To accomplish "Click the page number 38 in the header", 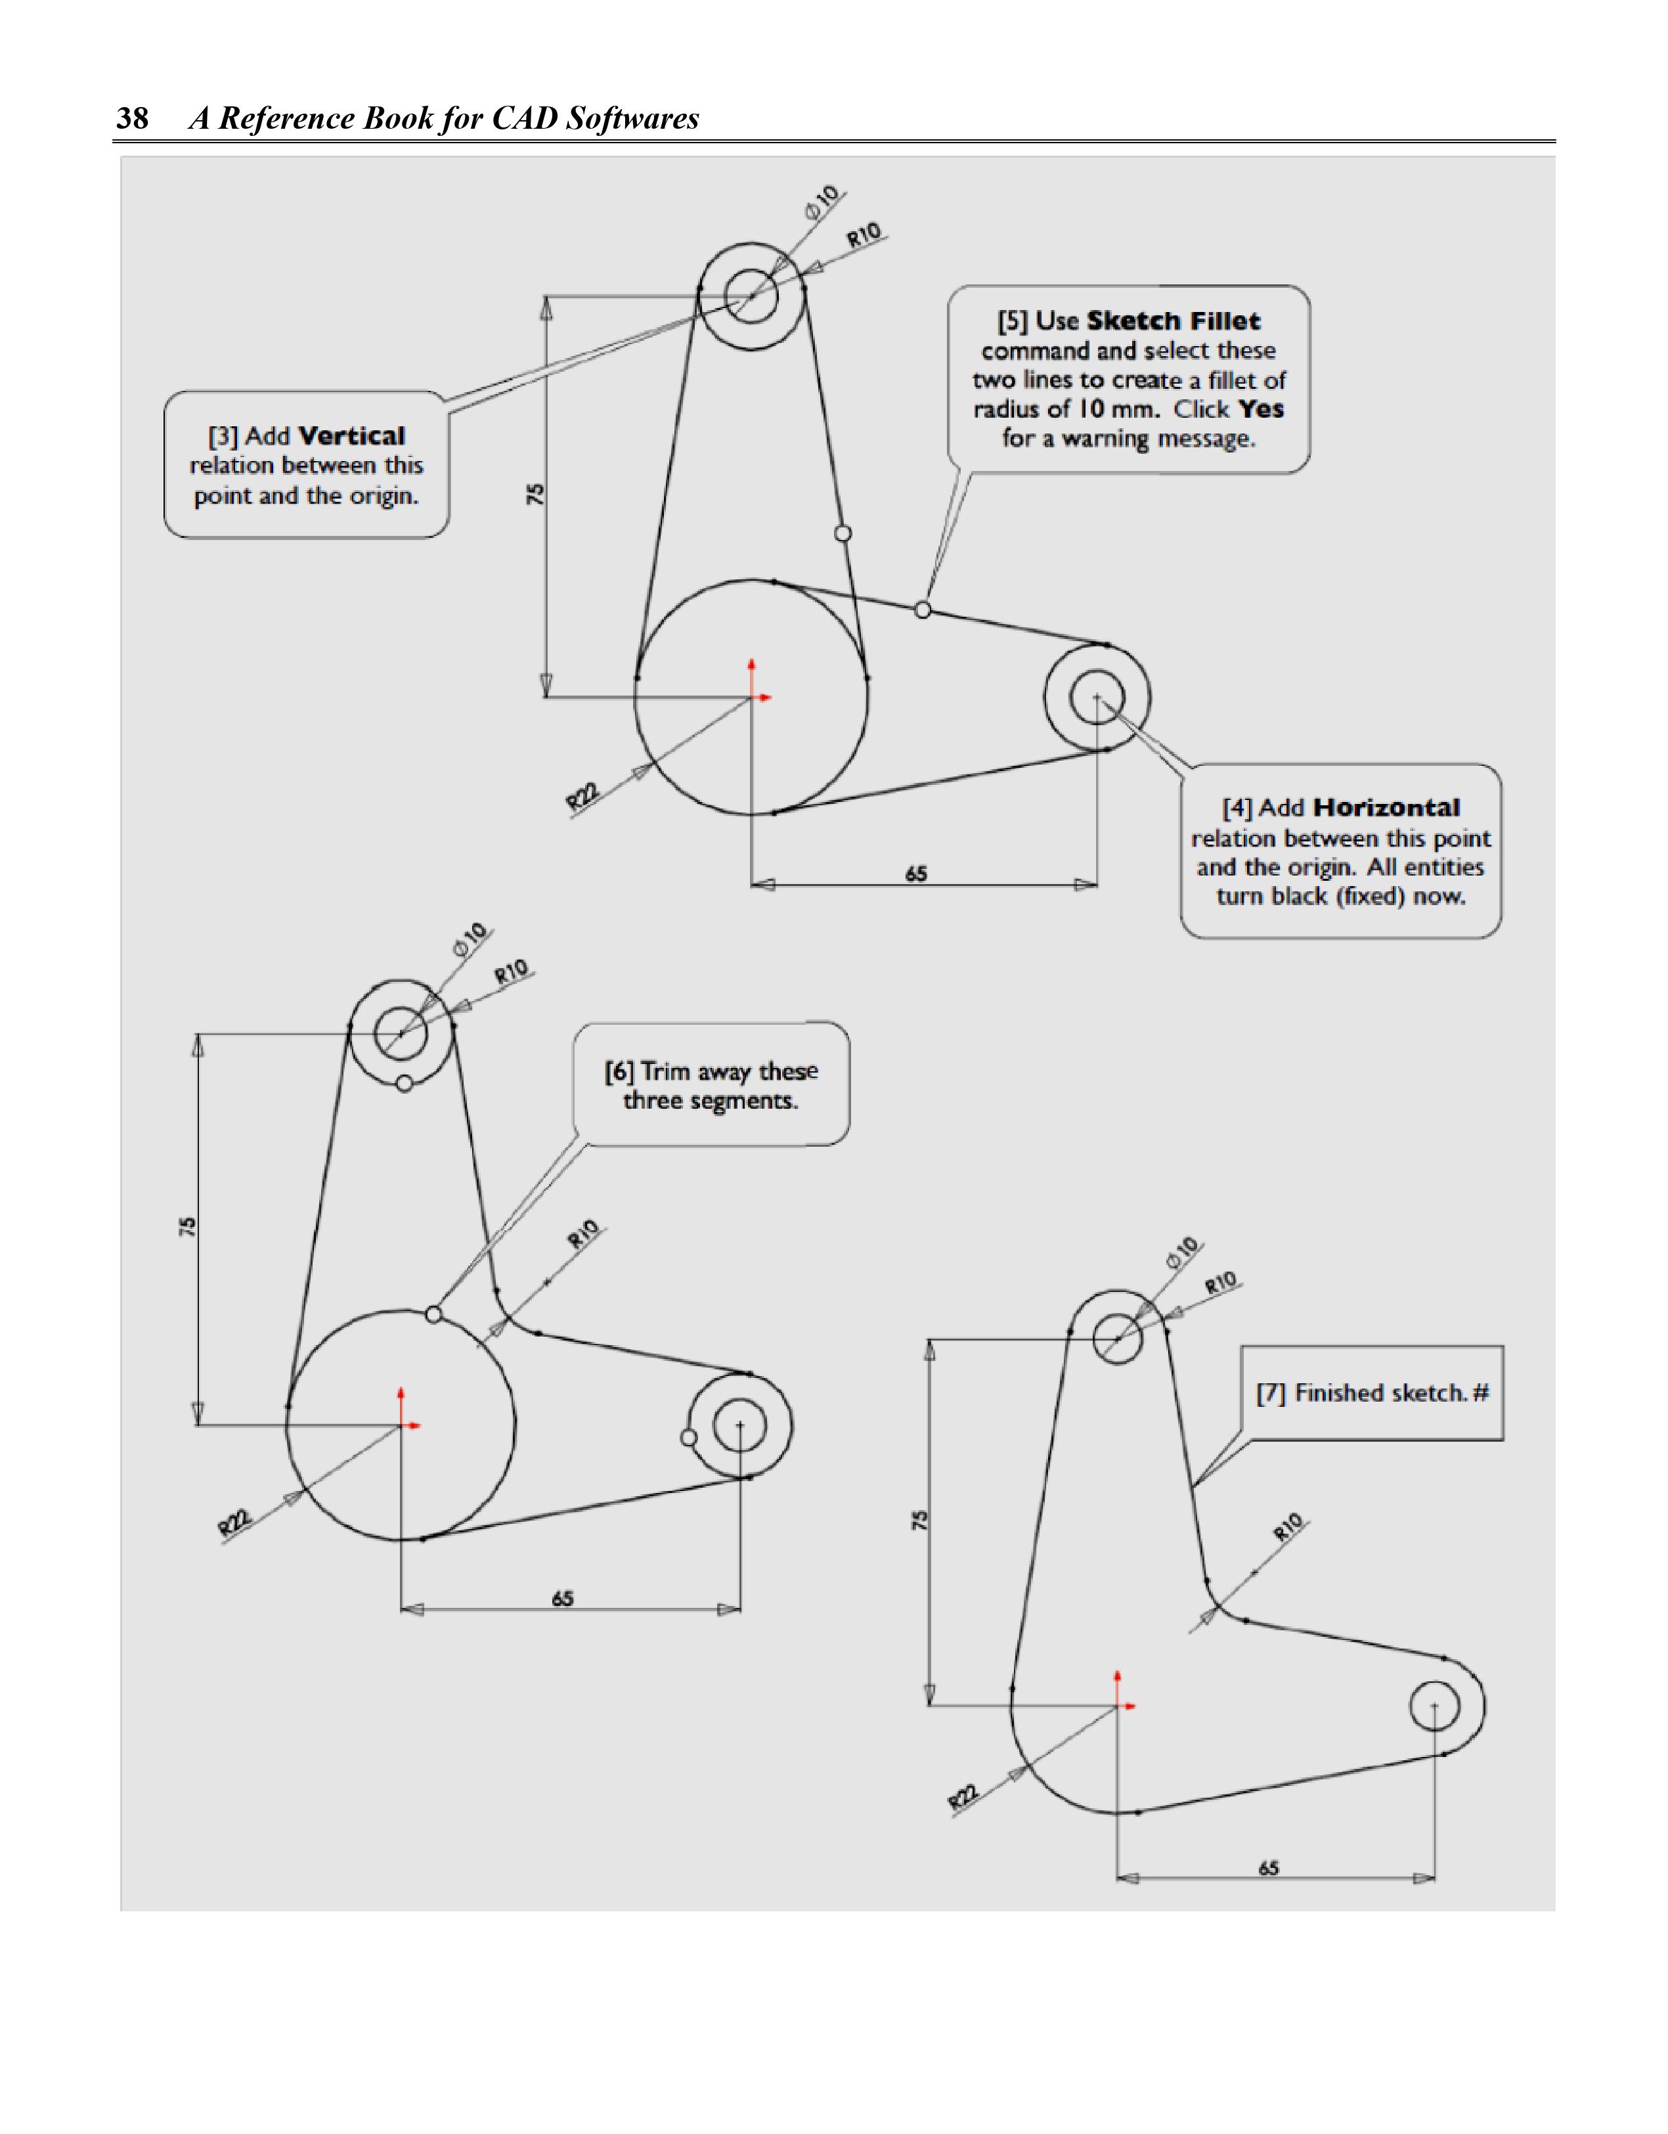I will click(133, 118).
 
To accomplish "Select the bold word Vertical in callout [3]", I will click(352, 435).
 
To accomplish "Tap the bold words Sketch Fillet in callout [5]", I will click(1173, 321).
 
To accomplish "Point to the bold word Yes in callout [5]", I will click(1261, 409).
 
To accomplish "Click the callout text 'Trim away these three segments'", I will click(711, 1086).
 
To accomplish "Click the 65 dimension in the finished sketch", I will click(1268, 1867).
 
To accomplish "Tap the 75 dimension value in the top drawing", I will click(535, 495).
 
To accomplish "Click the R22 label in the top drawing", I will click(582, 796).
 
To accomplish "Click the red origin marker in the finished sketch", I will click(1119, 1705).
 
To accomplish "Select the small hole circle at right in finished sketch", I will click(1434, 1705).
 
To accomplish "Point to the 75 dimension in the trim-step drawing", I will click(188, 1227).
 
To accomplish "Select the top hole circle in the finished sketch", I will click(1117, 1337).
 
